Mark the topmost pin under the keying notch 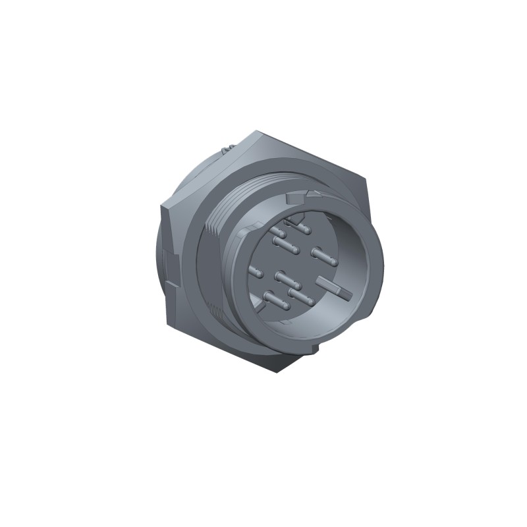[303, 227]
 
